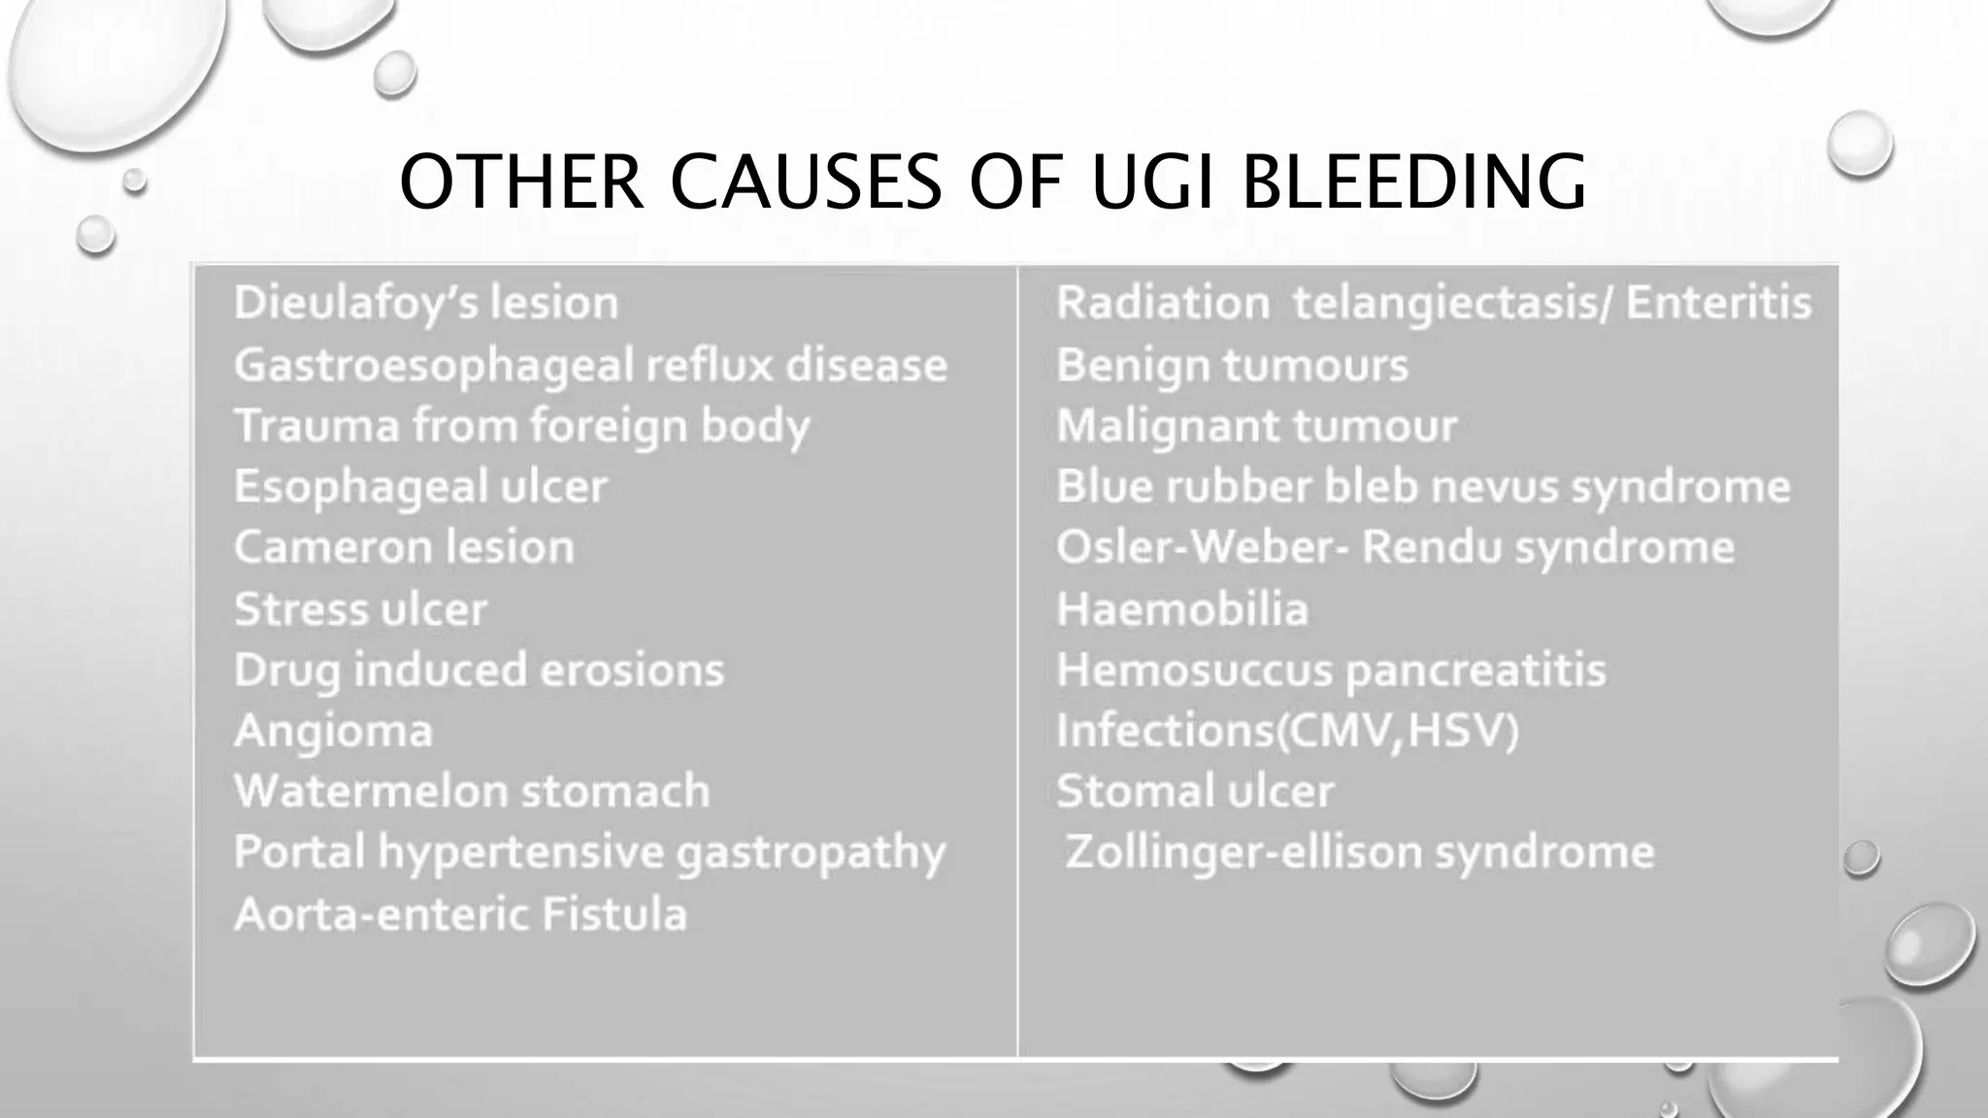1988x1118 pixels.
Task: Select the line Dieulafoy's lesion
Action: pyautogui.click(x=426, y=303)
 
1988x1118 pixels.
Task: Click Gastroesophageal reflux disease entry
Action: pyautogui.click(x=590, y=365)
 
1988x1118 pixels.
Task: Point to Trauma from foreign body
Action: pyautogui.click(x=521, y=426)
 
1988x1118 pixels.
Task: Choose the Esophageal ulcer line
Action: pyautogui.click(x=420, y=486)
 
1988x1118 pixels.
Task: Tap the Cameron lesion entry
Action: pyautogui.click(x=404, y=547)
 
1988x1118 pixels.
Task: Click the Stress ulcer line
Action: pyautogui.click(x=360, y=609)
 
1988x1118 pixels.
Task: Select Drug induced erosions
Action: pyautogui.click(x=479, y=670)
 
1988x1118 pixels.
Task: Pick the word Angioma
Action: pyautogui.click(x=333, y=731)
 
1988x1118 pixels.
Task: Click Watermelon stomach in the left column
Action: pyautogui.click(x=472, y=791)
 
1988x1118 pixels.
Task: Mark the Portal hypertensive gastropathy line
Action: pyautogui.click(x=589, y=852)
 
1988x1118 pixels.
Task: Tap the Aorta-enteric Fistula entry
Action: pyautogui.click(x=460, y=914)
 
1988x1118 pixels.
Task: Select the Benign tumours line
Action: pyautogui.click(x=1232, y=365)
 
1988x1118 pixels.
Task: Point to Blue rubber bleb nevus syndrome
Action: pyautogui.click(x=1422, y=486)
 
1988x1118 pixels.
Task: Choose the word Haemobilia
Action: pyautogui.click(x=1181, y=609)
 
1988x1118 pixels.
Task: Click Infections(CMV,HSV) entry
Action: pyautogui.click(x=1286, y=731)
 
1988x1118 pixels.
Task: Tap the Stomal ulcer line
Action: pyautogui.click(x=1194, y=791)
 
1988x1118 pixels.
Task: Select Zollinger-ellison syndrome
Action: pyautogui.click(x=1359, y=852)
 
